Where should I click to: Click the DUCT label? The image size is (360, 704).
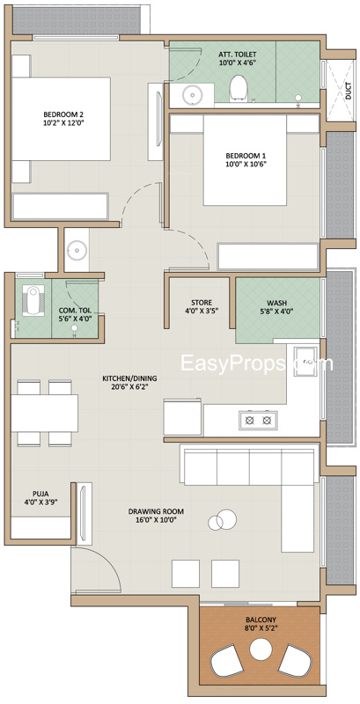coord(349,92)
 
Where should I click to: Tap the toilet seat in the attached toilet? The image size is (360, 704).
coord(239,89)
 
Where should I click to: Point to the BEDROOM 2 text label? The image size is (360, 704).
coord(62,114)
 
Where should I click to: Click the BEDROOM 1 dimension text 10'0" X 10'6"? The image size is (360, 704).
coord(246,164)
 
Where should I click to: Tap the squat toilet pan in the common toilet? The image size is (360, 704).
coord(33,300)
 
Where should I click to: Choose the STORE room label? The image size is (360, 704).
coord(201,303)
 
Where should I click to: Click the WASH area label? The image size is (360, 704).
coord(277,303)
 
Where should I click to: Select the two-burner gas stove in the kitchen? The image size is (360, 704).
coord(258,421)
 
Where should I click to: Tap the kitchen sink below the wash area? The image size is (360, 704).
coord(305,361)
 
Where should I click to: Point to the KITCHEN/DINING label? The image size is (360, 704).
coord(129,378)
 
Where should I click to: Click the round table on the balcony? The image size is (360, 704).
coord(261,649)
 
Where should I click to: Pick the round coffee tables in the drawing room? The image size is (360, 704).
coord(223,519)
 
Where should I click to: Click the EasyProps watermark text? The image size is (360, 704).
coord(257,363)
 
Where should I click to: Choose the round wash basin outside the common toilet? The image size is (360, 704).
coord(77,250)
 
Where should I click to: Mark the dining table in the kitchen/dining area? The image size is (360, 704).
coord(44,413)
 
